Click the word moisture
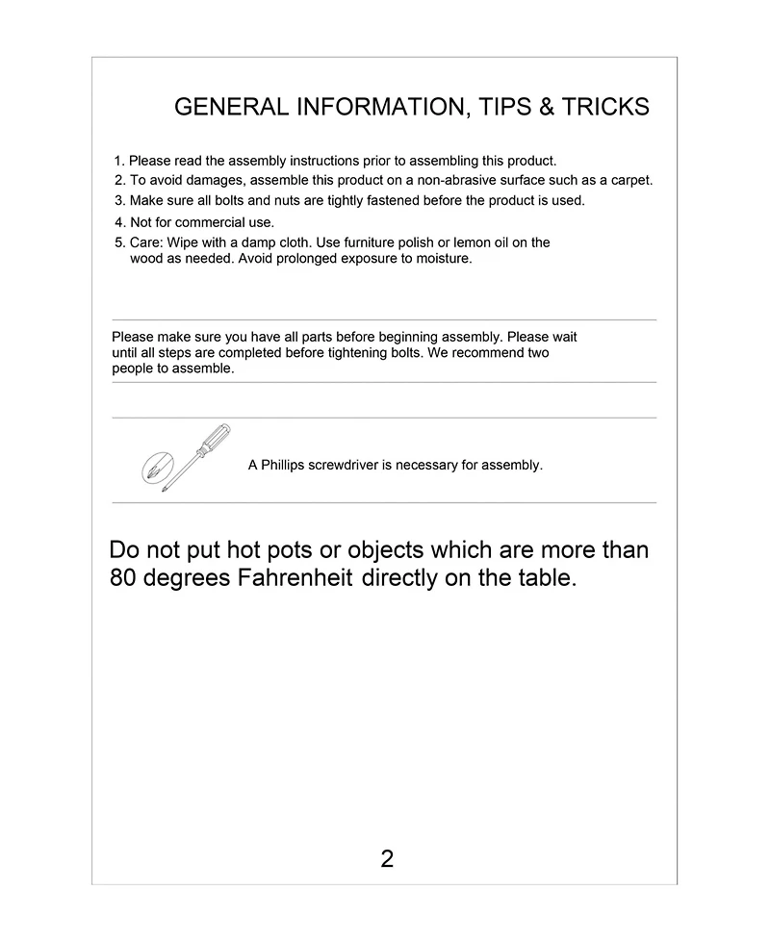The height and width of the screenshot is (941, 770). tap(443, 259)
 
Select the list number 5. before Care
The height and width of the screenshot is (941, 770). tap(120, 242)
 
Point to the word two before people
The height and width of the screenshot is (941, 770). tap(538, 353)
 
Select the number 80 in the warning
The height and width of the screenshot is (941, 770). tap(123, 579)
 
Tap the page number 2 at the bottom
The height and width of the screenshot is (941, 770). tap(387, 859)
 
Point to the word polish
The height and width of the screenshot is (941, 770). tap(409, 242)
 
